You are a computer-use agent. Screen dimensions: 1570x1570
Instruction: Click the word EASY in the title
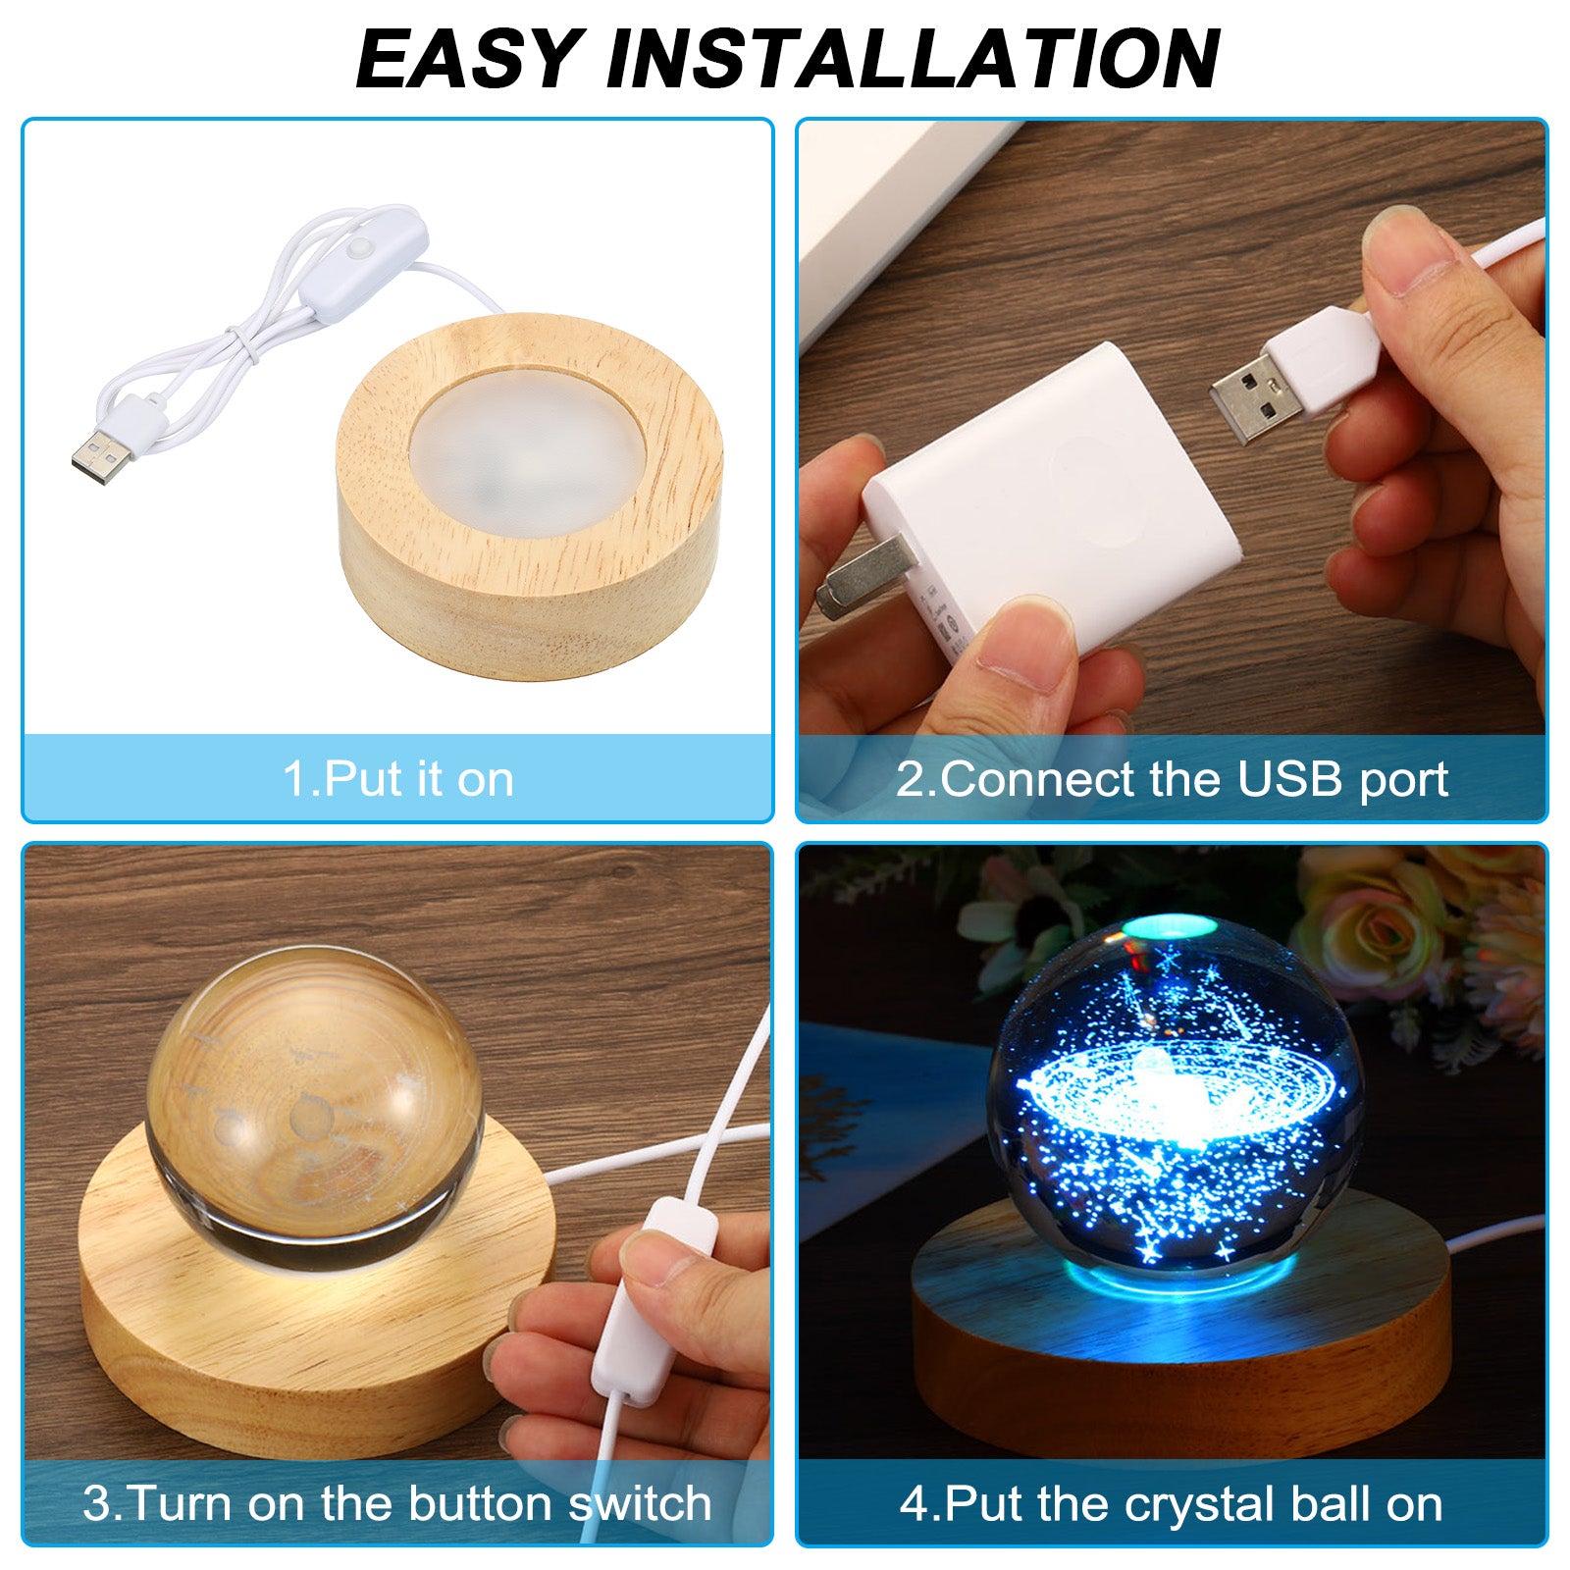[x=470, y=59]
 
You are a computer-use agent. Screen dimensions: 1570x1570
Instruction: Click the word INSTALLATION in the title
[x=914, y=59]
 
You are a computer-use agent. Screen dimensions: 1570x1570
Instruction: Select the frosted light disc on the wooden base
[x=528, y=454]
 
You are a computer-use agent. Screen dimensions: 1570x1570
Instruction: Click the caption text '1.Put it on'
[x=398, y=779]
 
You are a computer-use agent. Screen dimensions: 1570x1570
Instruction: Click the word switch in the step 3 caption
[x=640, y=1502]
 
